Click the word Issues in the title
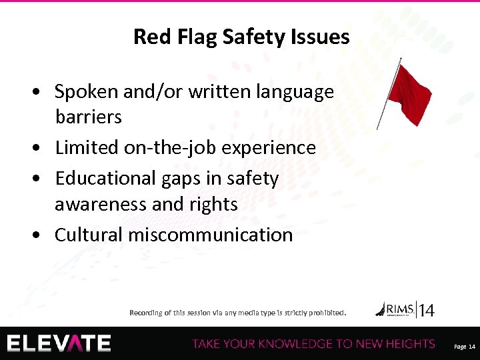coord(323,37)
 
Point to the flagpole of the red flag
coord(390,93)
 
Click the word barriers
coord(88,117)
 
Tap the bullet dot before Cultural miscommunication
coord(42,235)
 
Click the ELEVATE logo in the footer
coord(59,343)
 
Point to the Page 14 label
coord(464,347)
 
